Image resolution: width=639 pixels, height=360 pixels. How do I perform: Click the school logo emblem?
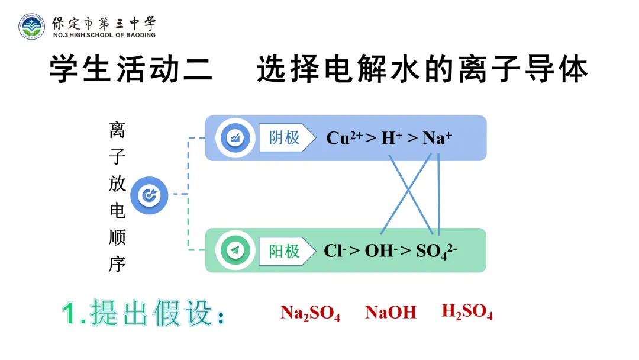coord(31,27)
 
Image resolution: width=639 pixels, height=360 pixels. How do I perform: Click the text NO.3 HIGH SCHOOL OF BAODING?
coord(104,35)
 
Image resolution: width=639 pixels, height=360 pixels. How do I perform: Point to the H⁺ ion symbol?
coord(392,139)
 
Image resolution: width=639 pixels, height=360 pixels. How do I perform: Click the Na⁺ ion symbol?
coord(437,139)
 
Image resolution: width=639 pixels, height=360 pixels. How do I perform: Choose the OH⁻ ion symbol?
coord(380,250)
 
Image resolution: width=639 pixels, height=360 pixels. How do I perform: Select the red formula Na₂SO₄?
coord(310,313)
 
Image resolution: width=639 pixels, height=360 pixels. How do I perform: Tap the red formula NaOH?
coord(390,313)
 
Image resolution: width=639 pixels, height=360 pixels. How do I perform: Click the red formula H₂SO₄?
coord(467,312)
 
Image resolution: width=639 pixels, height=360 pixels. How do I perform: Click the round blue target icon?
coord(150,195)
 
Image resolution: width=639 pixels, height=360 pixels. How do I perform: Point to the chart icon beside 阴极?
coord(235,139)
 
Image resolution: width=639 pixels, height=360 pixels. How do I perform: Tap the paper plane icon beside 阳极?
coord(235,250)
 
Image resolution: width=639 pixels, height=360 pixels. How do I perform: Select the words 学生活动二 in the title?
coord(131,70)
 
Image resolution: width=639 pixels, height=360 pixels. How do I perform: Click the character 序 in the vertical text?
coord(117,264)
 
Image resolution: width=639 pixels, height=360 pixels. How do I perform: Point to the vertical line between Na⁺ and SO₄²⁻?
coord(439,195)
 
